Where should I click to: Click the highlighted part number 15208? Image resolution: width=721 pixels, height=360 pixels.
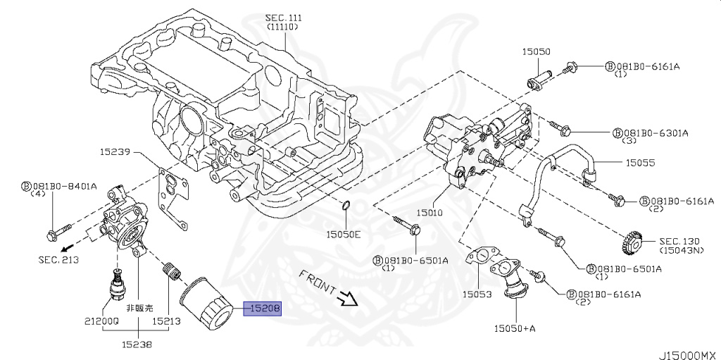(263, 308)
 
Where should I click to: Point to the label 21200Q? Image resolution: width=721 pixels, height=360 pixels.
(101, 321)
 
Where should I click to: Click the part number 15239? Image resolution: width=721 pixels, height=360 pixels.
(115, 151)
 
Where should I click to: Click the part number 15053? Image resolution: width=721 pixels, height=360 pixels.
(477, 294)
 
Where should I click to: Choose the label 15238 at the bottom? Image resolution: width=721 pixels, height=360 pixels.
(136, 345)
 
